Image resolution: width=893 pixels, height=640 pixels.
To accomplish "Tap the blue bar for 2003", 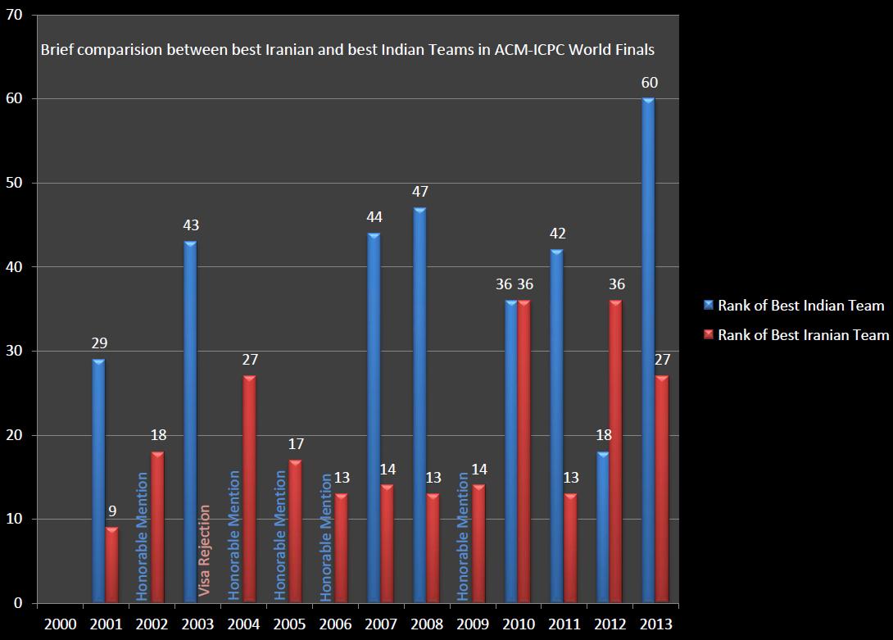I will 190,422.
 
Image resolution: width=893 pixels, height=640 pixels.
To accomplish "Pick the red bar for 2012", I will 615,452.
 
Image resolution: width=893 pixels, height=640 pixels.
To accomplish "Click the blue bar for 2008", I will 419,406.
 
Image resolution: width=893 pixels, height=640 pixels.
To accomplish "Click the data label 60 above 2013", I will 650,83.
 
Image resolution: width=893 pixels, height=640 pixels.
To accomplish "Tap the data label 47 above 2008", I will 420,192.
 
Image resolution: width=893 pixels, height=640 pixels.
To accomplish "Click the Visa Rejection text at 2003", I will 205,551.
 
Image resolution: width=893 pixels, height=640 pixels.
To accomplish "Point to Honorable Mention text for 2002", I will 143,536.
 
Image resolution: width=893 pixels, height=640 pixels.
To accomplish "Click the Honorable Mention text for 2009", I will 464,536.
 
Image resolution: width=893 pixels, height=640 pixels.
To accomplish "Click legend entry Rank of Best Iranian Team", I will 803,334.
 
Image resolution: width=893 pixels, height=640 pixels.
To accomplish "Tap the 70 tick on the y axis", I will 14,15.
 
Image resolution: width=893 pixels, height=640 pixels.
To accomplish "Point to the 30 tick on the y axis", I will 14,351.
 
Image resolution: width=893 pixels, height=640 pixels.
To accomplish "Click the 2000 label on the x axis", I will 61,624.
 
